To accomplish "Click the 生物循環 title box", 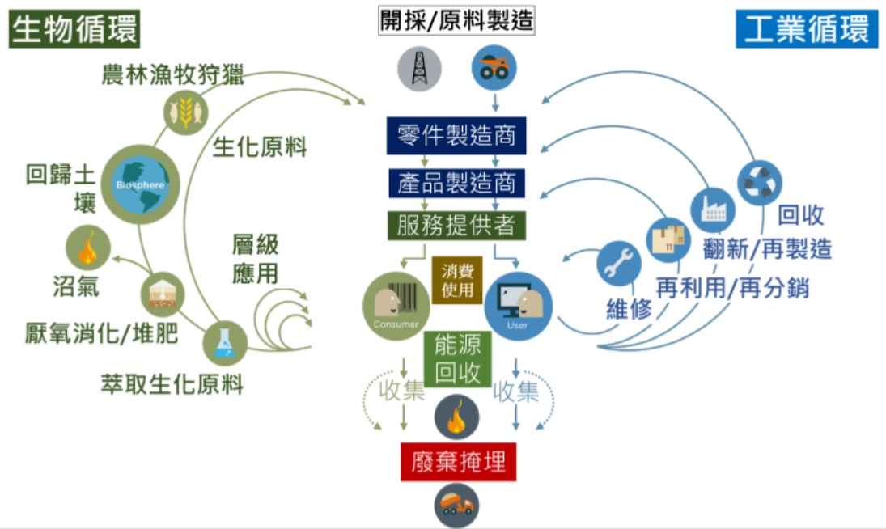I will [75, 30].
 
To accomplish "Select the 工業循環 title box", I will [806, 29].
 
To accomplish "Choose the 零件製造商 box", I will [456, 134].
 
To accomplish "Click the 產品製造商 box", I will [456, 182].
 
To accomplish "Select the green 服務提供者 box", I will [456, 225].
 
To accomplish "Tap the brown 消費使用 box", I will [457, 281].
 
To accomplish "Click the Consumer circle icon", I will [396, 306].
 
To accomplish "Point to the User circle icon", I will [518, 306].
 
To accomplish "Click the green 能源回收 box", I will [458, 359].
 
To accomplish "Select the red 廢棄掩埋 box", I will [458, 462].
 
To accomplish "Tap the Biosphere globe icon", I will [141, 184].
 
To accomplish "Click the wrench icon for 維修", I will [619, 264].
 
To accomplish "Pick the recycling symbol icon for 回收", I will [759, 183].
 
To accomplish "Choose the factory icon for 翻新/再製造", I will [712, 210].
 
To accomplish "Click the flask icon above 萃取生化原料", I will [224, 343].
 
